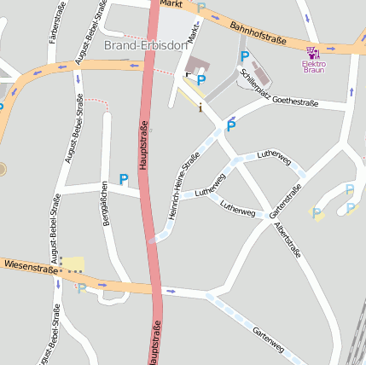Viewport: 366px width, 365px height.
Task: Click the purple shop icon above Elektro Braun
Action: [313, 53]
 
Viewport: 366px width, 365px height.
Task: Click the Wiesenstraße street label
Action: [30, 267]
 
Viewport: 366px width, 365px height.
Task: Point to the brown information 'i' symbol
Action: [200, 107]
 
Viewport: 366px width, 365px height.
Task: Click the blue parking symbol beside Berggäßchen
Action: [124, 179]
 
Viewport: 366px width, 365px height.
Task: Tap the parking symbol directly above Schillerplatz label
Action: [245, 57]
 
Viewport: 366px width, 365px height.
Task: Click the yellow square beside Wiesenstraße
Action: [73, 264]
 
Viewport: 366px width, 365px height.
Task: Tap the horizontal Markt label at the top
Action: [171, 4]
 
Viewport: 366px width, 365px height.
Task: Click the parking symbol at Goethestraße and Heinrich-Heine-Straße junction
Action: [230, 126]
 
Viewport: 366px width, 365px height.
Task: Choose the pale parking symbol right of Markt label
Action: [201, 8]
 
